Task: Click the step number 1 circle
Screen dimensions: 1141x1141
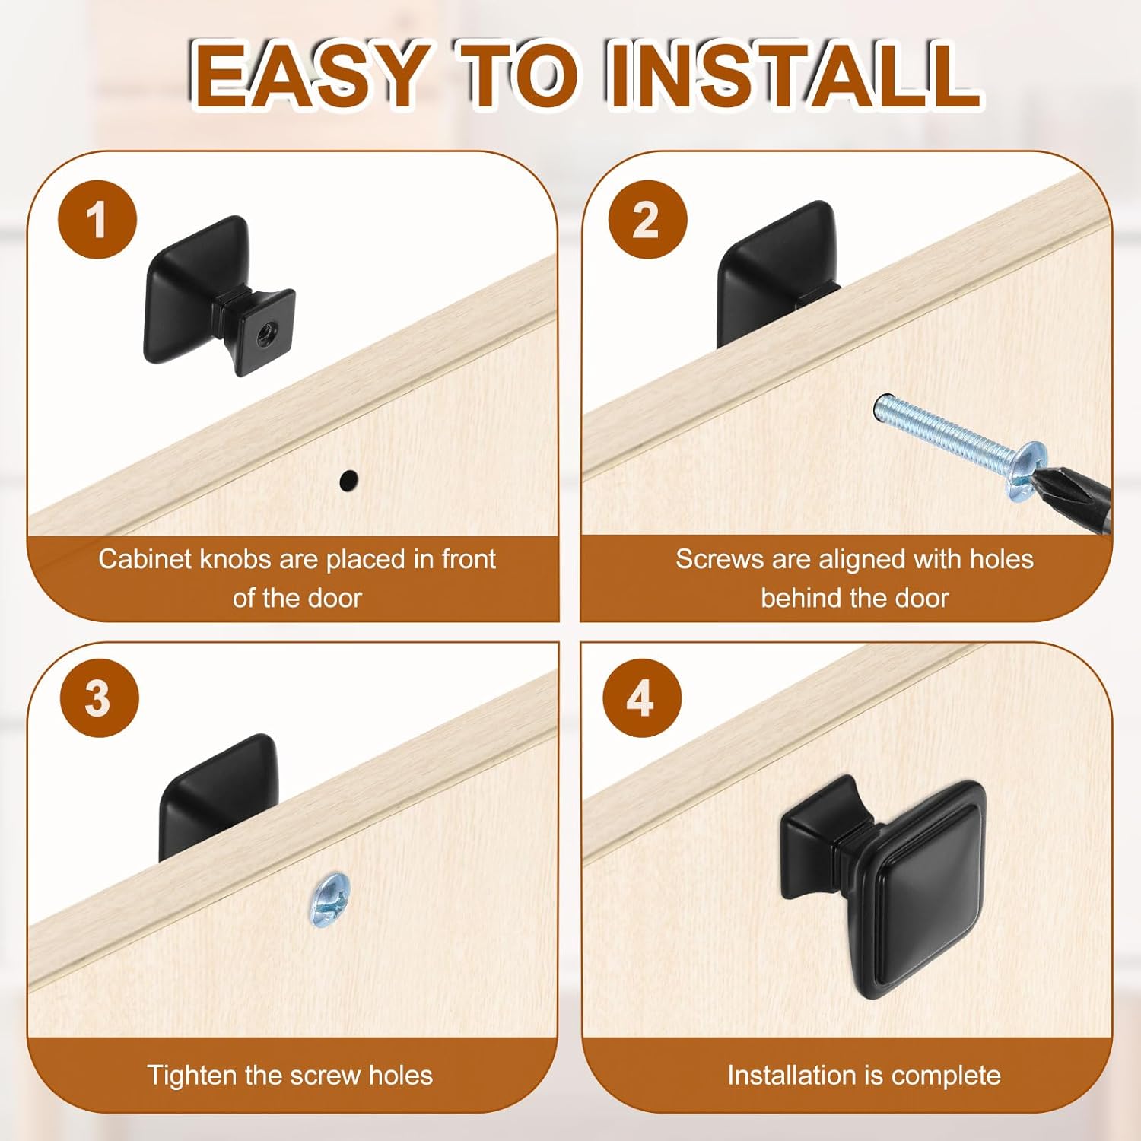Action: click(x=97, y=220)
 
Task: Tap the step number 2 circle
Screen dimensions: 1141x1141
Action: click(x=647, y=220)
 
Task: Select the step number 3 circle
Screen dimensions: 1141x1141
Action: click(x=99, y=698)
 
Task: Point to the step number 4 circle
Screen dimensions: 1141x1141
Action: click(x=642, y=698)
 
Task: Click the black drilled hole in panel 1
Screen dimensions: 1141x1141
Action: click(x=348, y=480)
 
